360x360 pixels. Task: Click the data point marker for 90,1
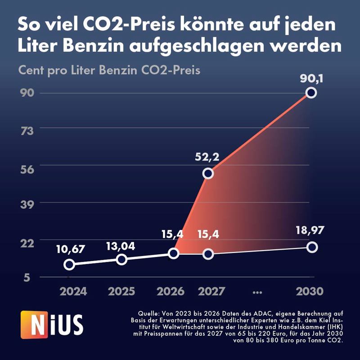click(x=310, y=93)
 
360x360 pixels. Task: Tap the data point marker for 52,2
click(x=207, y=173)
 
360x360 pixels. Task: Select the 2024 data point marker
click(x=69, y=264)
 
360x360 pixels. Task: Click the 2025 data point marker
click(x=121, y=259)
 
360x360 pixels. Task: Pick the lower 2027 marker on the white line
click(x=207, y=254)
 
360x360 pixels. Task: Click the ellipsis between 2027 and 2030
click(x=258, y=292)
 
